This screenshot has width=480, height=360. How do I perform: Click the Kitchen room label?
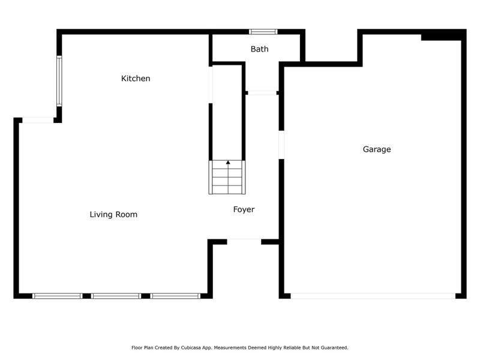tap(136, 79)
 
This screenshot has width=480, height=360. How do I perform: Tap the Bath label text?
tap(260, 49)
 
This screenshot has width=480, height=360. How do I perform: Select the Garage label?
tap(377, 149)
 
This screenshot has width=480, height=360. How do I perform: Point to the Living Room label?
tap(113, 214)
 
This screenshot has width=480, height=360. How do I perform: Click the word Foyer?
tap(244, 209)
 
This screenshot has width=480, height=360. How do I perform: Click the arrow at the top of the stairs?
tap(227, 162)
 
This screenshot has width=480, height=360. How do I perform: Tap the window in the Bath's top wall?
tap(263, 32)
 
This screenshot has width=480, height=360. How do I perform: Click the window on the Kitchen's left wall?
tap(59, 81)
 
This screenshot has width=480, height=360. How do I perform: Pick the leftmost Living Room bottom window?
tap(57, 296)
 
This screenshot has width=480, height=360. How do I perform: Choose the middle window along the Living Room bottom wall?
tap(116, 296)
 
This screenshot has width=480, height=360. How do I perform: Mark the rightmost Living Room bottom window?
tap(175, 296)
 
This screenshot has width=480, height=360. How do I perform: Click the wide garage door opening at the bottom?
tap(373, 296)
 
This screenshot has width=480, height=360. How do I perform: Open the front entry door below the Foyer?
tap(244, 241)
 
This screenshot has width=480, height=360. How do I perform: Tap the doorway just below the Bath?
tap(262, 93)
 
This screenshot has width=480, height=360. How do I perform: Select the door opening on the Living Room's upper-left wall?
tap(37, 121)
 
